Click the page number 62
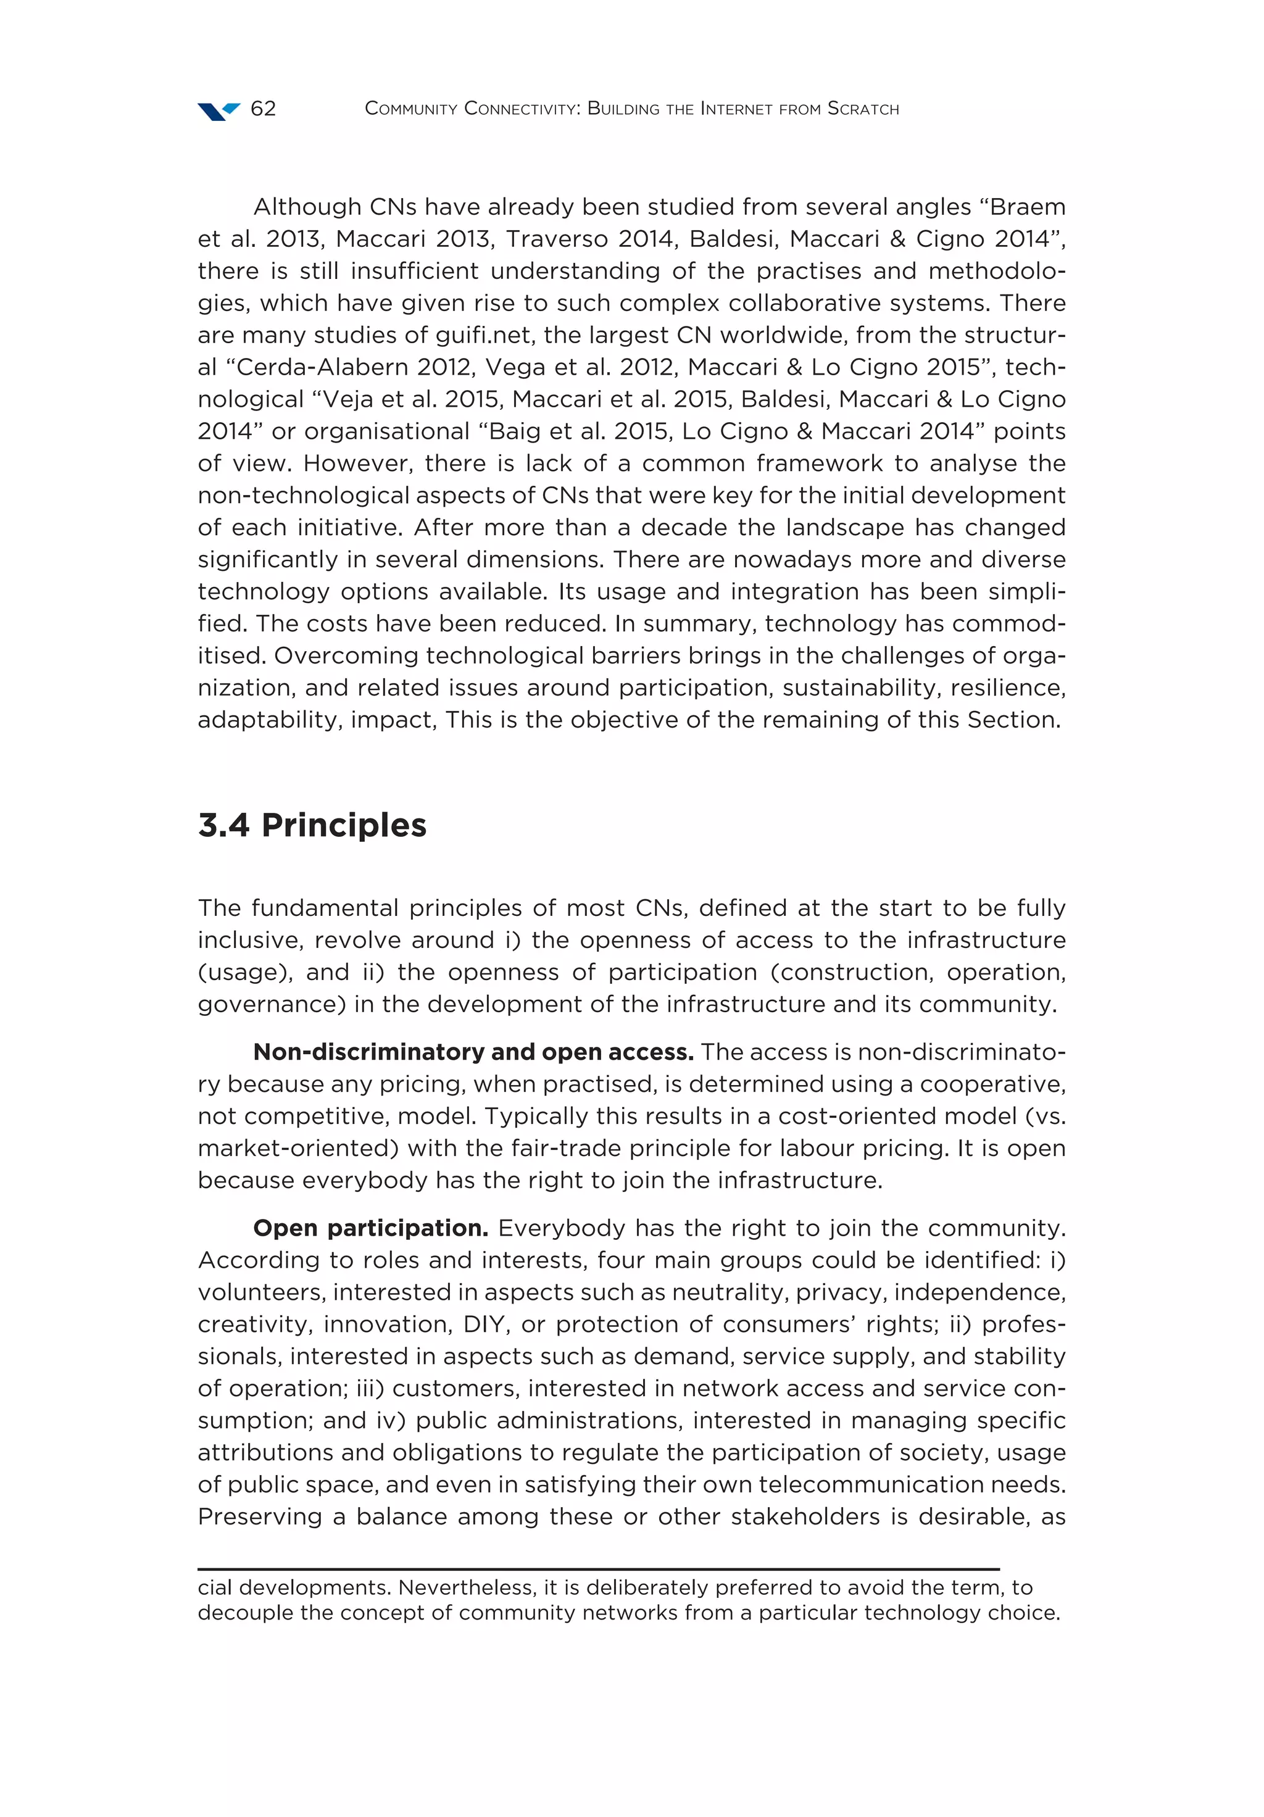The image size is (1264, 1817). tap(263, 109)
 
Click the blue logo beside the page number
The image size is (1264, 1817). tap(218, 111)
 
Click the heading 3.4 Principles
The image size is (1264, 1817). tap(312, 825)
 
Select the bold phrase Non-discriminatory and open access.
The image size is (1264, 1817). tap(473, 1052)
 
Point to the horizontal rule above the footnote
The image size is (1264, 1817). tap(597, 1568)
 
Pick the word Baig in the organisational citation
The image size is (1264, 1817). tap(516, 431)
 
